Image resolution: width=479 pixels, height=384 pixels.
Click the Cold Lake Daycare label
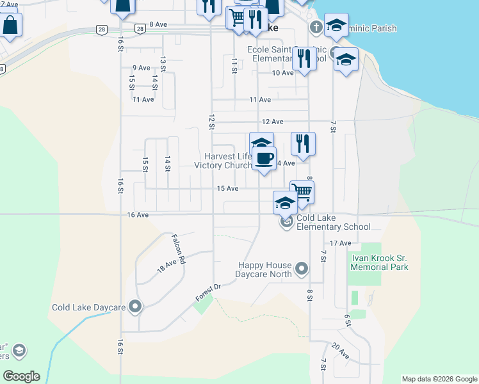(88, 307)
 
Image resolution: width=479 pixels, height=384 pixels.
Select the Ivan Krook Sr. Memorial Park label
(379, 262)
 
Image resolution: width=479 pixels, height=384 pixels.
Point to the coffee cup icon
(264, 157)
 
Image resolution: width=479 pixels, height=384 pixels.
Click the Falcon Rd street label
(177, 250)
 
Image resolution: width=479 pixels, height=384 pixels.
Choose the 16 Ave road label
(138, 215)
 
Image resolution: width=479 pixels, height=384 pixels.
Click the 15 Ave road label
(227, 188)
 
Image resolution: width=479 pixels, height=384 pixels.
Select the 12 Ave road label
(272, 121)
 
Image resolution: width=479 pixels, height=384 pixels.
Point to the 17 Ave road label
(341, 243)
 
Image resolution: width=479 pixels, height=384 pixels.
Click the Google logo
(21, 376)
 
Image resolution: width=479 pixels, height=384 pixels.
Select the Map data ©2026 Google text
(439, 379)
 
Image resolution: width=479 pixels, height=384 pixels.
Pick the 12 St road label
(211, 122)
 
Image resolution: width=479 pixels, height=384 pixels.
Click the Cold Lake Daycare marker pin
(134, 307)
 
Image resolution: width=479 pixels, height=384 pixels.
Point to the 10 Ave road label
(282, 72)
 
